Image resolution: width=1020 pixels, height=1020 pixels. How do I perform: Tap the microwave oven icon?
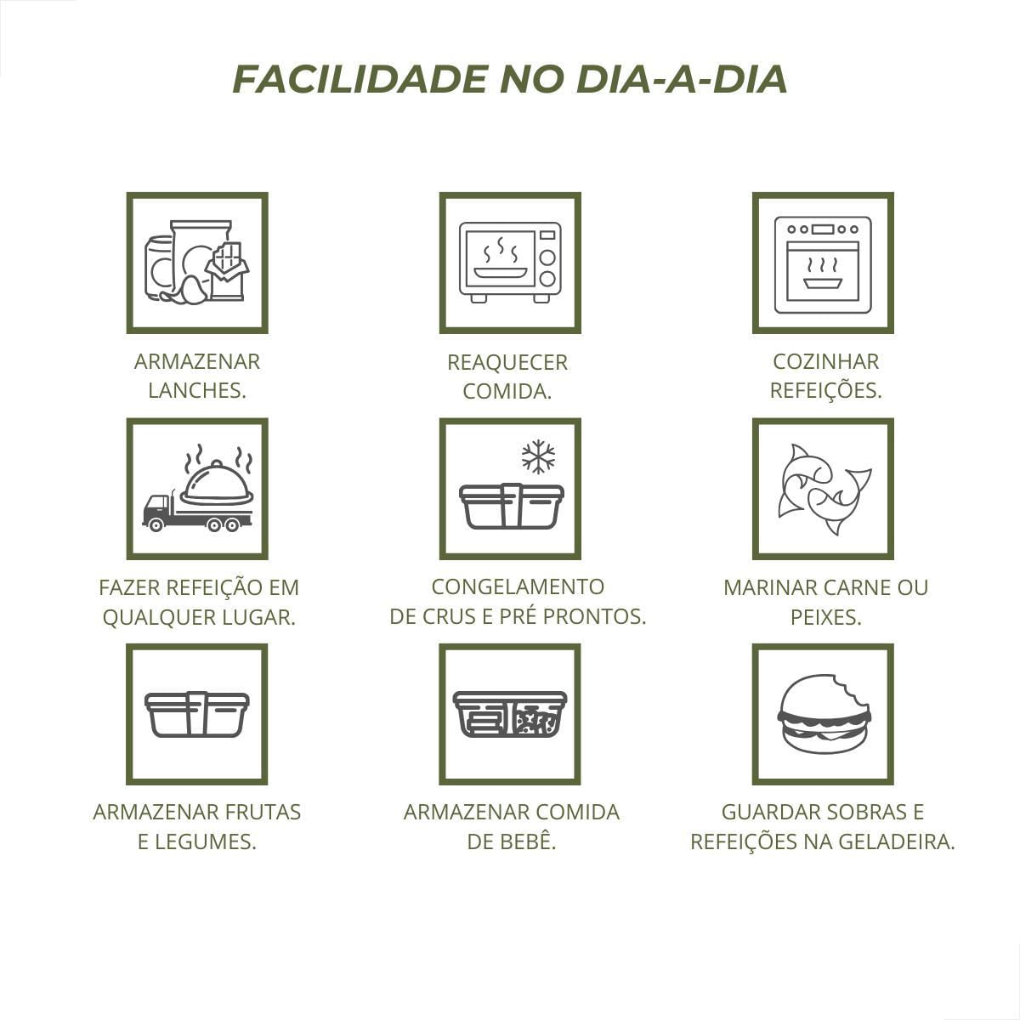point(510,263)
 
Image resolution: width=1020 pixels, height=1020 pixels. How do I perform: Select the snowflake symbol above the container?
point(538,457)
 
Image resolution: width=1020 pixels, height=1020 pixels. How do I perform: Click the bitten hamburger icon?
point(823,714)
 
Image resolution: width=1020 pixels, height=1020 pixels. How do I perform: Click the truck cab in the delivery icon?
point(156,513)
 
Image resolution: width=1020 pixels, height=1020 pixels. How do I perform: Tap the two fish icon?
point(823,489)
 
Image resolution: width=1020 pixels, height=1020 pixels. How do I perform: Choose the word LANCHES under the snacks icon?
point(196,390)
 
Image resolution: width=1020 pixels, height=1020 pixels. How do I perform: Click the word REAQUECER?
point(507,362)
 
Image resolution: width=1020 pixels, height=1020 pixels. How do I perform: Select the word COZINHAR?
point(825,361)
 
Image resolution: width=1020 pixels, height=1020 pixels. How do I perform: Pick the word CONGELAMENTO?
point(518,586)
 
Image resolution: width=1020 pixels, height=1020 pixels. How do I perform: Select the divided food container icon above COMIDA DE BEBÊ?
point(510,714)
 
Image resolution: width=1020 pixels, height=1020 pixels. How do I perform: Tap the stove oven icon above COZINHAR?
point(823,263)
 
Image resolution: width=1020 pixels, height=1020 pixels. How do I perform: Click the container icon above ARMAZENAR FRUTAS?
point(197,714)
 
